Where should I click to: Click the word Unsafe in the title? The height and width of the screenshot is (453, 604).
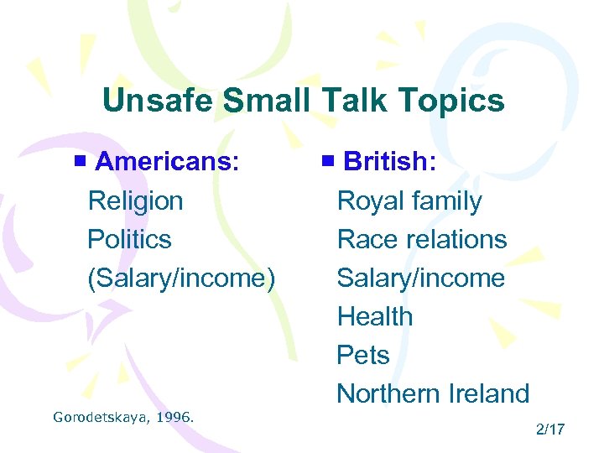coord(159,102)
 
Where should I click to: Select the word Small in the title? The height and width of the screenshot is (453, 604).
coord(267,102)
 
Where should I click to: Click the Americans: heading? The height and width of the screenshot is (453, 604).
coord(167,161)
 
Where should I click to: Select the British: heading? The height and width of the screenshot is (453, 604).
coord(389,161)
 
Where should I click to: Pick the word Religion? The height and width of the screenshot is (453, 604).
coord(135,201)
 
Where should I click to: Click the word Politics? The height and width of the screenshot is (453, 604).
coord(129,240)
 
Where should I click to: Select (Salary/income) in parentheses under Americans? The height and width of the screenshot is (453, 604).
coord(181,279)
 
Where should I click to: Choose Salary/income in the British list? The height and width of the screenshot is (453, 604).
coord(421,279)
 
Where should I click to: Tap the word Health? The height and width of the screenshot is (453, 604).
coord(375,317)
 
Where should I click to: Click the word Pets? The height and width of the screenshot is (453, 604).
coord(363,356)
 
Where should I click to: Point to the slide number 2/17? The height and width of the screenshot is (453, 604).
coord(550,430)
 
